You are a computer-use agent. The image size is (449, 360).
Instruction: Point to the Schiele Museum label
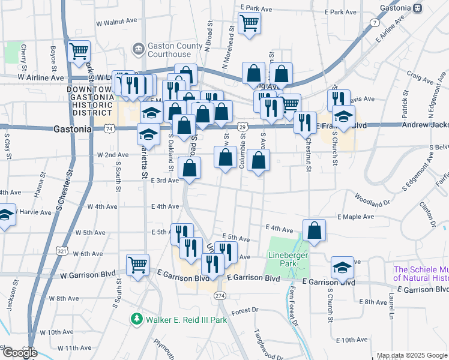[421, 274]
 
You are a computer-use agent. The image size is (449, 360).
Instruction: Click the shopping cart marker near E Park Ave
[249, 24]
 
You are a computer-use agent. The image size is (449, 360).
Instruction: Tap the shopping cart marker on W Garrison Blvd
[137, 264]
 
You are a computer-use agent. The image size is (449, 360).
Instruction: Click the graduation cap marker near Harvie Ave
[5, 215]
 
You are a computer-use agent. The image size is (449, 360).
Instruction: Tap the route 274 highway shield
[220, 296]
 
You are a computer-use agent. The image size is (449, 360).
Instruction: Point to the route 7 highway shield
[375, 23]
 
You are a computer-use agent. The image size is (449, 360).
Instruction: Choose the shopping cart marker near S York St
[79, 52]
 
